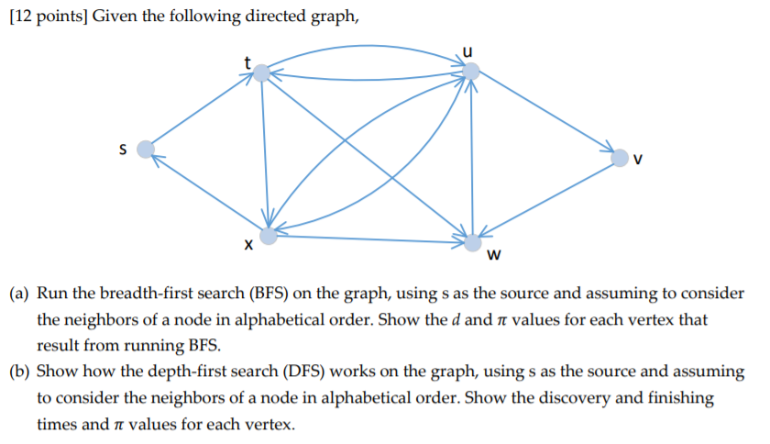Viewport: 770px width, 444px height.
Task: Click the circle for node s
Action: [x=145, y=149]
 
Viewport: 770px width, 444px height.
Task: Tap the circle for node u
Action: [x=470, y=71]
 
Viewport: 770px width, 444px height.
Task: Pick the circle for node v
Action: [x=621, y=159]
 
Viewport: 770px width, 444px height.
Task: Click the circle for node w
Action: [x=473, y=242]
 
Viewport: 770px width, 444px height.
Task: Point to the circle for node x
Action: [x=268, y=237]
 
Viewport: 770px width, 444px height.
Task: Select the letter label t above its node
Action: [x=246, y=61]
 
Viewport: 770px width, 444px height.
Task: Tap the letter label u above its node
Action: [x=471, y=50]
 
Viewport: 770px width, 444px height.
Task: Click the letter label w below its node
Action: [x=494, y=256]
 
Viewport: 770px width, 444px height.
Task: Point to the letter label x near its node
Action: [x=246, y=246]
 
